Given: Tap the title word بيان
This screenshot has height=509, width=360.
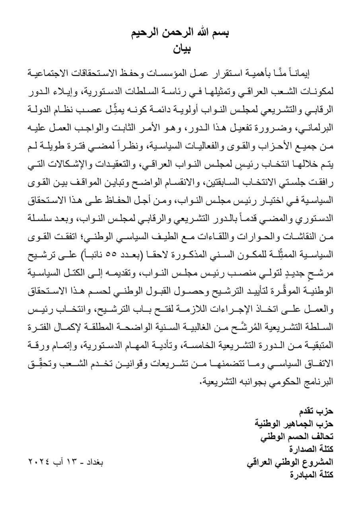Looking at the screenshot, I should [x=181, y=49].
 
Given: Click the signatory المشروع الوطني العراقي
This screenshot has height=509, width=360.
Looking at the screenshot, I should [x=291, y=462].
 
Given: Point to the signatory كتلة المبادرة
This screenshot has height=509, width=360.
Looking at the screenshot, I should [x=313, y=475].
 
